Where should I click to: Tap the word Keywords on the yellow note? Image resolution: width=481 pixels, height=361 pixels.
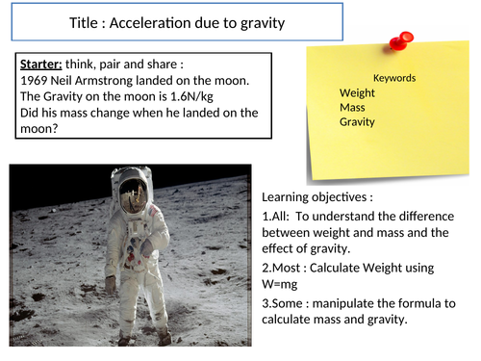(x=394, y=77)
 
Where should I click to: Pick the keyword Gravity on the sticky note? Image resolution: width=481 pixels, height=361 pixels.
(x=357, y=122)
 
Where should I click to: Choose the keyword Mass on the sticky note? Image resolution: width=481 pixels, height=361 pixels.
(x=353, y=107)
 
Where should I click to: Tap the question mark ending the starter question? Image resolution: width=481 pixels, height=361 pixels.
(x=55, y=128)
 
